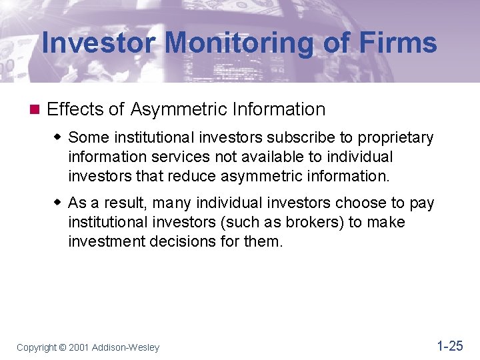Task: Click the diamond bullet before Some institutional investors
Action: pos(58,137)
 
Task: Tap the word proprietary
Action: pos(396,138)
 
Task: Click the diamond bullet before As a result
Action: pos(58,203)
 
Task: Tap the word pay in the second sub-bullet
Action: pos(421,203)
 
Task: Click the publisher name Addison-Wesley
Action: pos(127,347)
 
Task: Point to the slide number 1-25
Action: pos(449,345)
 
